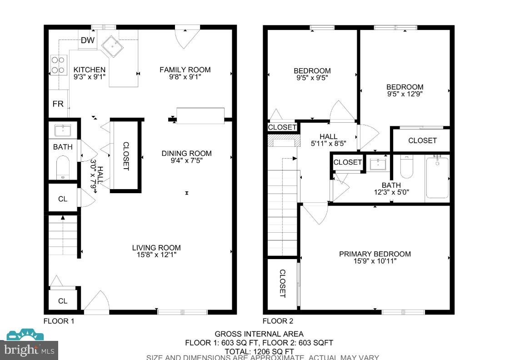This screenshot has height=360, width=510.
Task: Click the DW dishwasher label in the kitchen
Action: pos(87,40)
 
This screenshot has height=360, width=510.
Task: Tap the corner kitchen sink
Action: pos(110,46)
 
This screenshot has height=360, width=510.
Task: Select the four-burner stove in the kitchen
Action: pos(58,65)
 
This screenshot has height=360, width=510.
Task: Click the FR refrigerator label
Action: pos(58,104)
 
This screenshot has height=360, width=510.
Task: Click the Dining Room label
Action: pos(186,153)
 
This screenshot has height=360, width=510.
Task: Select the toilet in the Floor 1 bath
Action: pos(63,167)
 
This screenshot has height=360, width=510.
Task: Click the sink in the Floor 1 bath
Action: pos(63,130)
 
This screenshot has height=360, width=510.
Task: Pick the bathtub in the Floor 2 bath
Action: pos(437,178)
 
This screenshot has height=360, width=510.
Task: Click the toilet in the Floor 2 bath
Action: pos(406,167)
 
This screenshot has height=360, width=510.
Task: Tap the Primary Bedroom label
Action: pos(375,254)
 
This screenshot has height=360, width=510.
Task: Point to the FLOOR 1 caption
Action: pos(59,321)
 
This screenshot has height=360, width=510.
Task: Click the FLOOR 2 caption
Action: pos(278,321)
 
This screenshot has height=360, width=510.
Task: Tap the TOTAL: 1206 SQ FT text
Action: pos(259,351)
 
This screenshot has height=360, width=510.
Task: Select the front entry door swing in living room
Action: pos(97,303)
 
